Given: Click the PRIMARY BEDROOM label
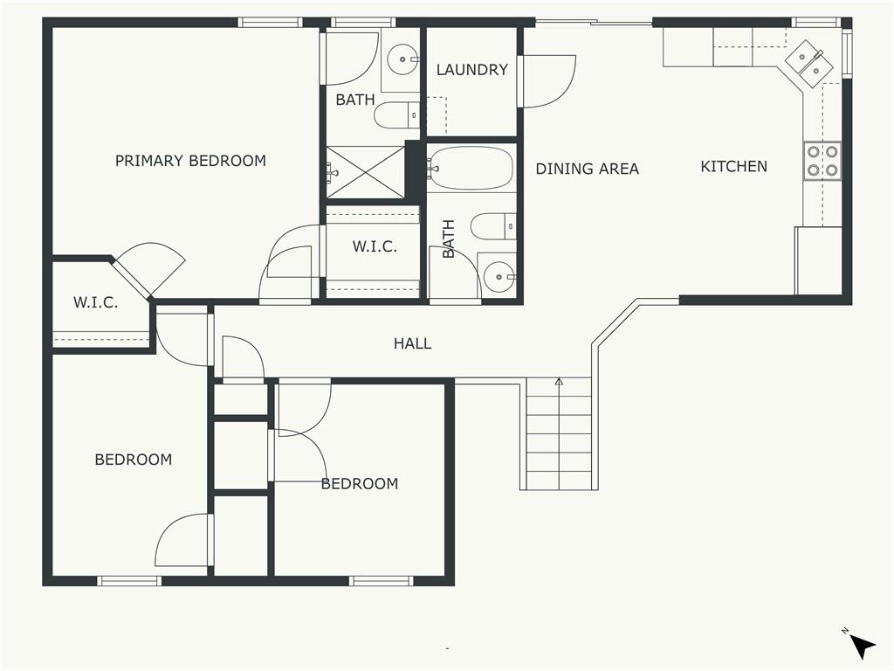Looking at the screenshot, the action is pyautogui.click(x=190, y=161).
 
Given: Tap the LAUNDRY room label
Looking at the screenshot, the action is pyautogui.click(x=472, y=70).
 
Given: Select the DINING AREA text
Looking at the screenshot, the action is pyautogui.click(x=588, y=169).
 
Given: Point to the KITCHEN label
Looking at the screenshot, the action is pyautogui.click(x=733, y=167).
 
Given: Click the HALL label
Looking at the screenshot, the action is pyautogui.click(x=413, y=343).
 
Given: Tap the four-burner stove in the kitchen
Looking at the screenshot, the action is pyautogui.click(x=822, y=161).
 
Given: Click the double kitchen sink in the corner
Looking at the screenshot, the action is pyautogui.click(x=809, y=64).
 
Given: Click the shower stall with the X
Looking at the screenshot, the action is pyautogui.click(x=366, y=172).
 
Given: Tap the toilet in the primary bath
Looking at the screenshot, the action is pyautogui.click(x=397, y=116).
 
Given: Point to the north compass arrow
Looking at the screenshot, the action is pyautogui.click(x=863, y=647).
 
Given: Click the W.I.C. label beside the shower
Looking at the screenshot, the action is pyautogui.click(x=375, y=246).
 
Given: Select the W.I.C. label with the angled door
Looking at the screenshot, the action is pyautogui.click(x=96, y=302).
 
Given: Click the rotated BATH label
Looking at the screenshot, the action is pyautogui.click(x=449, y=239).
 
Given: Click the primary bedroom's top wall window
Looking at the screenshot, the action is pyautogui.click(x=270, y=22).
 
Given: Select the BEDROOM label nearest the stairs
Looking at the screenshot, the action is pyautogui.click(x=360, y=484).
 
